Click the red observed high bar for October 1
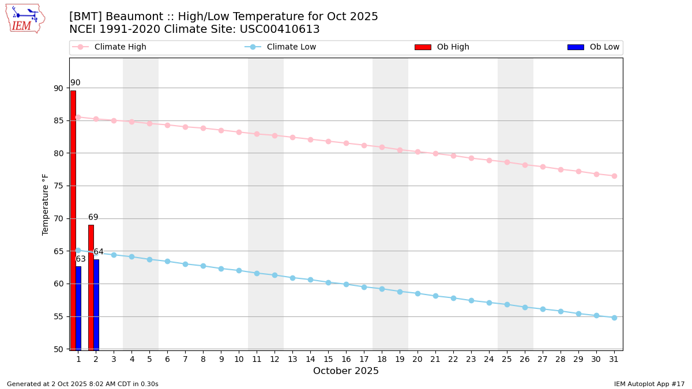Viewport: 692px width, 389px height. [x=73, y=219]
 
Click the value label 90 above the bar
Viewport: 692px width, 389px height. [x=76, y=83]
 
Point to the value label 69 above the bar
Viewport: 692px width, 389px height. [x=93, y=217]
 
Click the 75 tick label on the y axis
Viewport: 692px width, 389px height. [x=58, y=186]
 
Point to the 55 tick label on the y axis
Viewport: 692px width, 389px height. [x=58, y=316]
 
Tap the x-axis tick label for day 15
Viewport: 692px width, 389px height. [x=328, y=359]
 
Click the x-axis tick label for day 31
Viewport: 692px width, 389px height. [x=614, y=359]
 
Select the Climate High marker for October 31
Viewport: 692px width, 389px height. [x=614, y=176]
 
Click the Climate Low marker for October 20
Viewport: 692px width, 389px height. [x=418, y=293]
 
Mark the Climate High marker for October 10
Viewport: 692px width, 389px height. [x=239, y=132]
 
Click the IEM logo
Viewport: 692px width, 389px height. [x=25, y=18]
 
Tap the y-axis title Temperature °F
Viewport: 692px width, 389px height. [x=46, y=204]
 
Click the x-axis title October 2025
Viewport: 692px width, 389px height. [x=346, y=371]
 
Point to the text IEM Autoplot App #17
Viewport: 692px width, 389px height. [x=649, y=384]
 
